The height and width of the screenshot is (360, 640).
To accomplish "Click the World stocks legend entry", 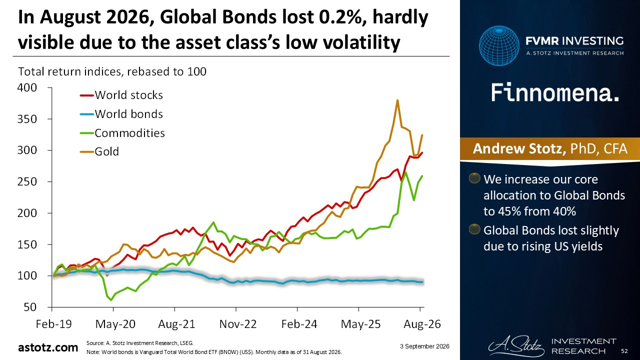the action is tap(121, 95).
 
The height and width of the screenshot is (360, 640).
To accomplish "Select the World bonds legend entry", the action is tap(121, 114).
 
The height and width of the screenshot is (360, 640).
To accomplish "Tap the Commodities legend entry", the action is tap(122, 133).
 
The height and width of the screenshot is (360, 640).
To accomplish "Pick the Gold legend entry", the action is tap(99, 151).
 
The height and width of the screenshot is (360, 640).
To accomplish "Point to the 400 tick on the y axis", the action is tap(27, 87).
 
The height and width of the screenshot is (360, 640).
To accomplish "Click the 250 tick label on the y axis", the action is tap(27, 181).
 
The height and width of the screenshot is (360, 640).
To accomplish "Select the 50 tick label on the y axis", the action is tap(29, 307).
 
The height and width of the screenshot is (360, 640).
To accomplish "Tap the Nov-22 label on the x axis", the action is tap(237, 324).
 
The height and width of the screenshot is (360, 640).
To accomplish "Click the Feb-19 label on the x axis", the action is tap(54, 324).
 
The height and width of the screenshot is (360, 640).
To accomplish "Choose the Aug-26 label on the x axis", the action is tap(422, 324).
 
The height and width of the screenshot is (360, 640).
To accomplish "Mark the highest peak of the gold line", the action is tap(397, 100).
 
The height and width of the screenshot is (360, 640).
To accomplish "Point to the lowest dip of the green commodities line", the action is tap(111, 300).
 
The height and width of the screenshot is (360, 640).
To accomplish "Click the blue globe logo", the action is tap(499, 45).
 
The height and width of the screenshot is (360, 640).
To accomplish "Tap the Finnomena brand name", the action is tap(555, 93).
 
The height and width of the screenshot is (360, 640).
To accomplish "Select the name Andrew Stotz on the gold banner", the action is tap(519, 148).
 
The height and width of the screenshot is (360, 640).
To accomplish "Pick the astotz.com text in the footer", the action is tap(48, 347).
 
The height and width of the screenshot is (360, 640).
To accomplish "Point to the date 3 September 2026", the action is tap(424, 346).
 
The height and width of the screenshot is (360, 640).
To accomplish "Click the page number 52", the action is tap(624, 351).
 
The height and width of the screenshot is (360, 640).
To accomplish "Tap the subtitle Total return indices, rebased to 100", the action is tap(112, 71).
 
